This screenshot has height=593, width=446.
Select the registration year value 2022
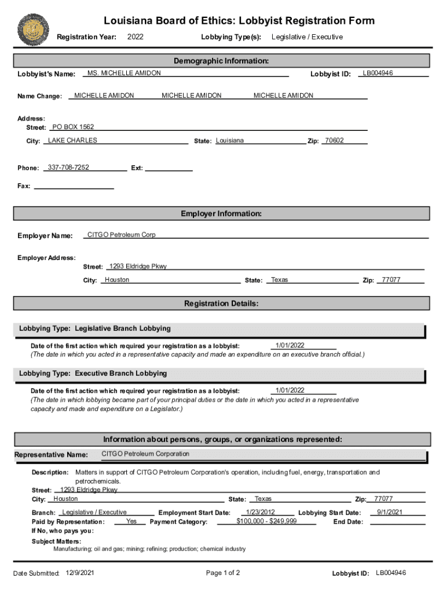click(135, 37)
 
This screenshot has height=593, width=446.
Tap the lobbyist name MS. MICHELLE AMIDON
click(124, 73)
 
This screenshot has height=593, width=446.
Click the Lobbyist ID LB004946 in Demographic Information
click(378, 73)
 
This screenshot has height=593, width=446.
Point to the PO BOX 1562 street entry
click(73, 127)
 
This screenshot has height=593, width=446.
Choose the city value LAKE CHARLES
click(72, 140)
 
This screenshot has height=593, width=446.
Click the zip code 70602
click(334, 140)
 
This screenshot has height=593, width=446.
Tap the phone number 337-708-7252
click(68, 167)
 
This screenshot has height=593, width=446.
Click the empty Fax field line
click(74, 186)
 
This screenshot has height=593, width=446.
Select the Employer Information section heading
click(221, 214)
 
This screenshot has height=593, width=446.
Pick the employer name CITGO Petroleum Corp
click(121, 235)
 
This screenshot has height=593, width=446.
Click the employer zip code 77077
click(391, 280)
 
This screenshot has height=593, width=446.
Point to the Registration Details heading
click(221, 303)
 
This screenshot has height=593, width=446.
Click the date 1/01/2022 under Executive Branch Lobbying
click(290, 390)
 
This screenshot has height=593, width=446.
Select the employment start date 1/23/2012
click(260, 512)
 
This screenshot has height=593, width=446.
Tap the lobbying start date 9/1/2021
click(390, 512)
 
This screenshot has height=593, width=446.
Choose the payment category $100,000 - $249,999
click(266, 521)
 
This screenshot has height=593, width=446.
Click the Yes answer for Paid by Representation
click(131, 521)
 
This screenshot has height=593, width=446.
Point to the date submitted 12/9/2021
click(80, 573)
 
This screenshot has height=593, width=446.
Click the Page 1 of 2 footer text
click(223, 573)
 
